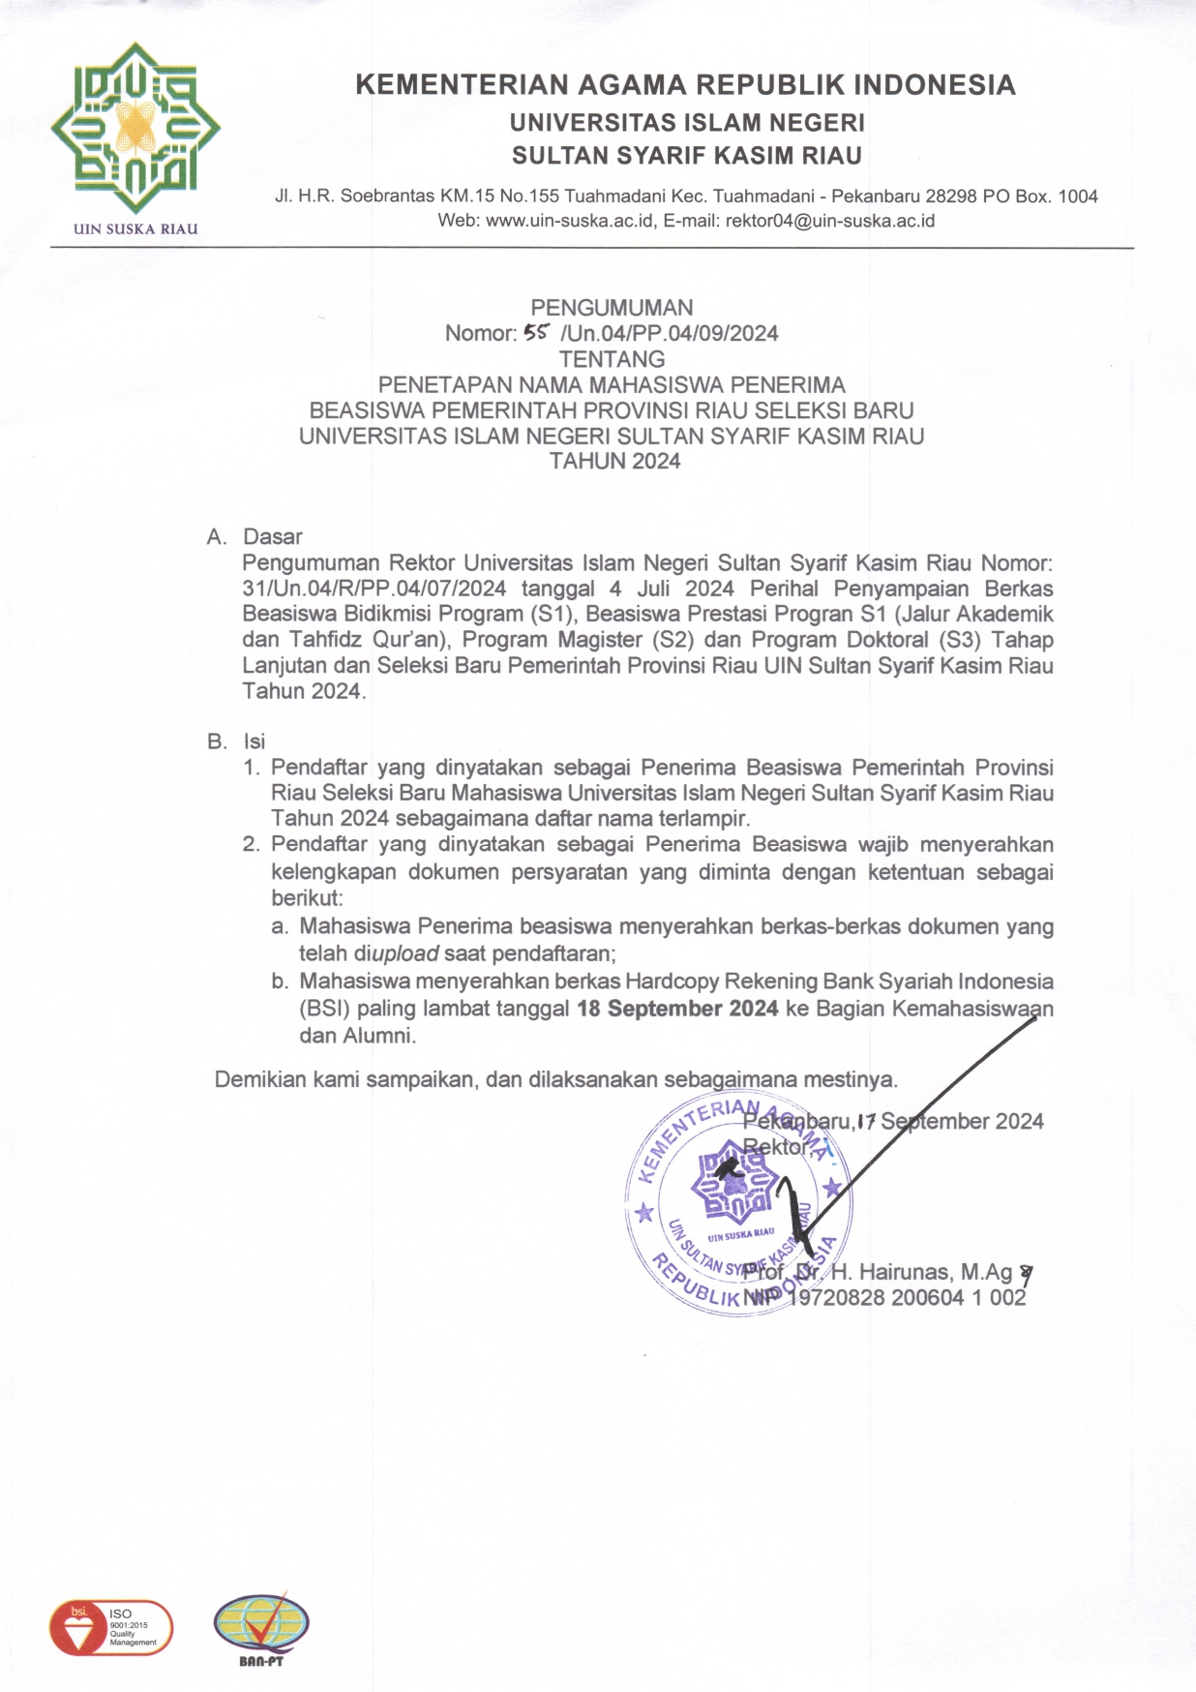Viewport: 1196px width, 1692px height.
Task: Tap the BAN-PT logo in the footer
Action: [x=261, y=1629]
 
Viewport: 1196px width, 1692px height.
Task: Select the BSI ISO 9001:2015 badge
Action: [x=110, y=1627]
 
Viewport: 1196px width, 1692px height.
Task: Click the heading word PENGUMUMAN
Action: [x=612, y=308]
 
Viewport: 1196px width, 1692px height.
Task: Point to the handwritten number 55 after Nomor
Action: [x=535, y=333]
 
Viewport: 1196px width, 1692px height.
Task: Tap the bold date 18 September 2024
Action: [x=677, y=1009]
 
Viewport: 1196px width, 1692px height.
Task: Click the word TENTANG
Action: [x=612, y=359]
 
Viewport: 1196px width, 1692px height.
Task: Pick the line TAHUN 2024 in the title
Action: [x=614, y=462]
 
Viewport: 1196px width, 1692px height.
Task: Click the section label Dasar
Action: [x=273, y=537]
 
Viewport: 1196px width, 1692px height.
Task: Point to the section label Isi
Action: [x=254, y=741]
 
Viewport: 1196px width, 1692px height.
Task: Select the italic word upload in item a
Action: [x=405, y=953]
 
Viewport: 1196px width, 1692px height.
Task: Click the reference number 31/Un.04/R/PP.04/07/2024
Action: [x=374, y=589]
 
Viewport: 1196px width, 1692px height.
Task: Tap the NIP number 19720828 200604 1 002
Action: [x=908, y=1298]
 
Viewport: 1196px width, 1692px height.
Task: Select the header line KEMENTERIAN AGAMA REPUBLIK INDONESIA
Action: [x=685, y=85]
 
